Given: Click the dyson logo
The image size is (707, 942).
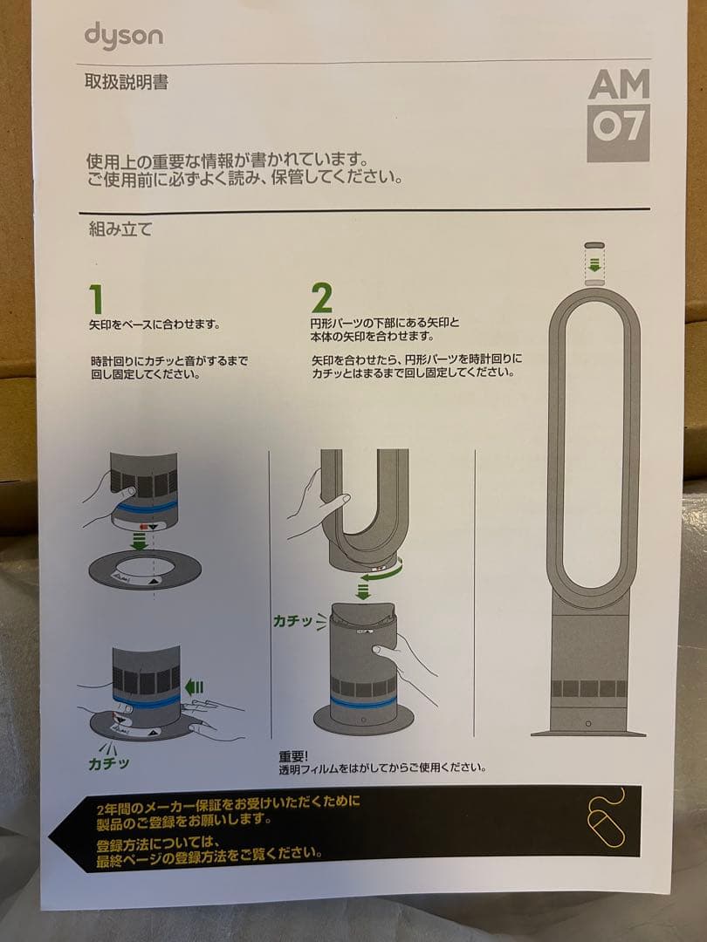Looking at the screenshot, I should click(123, 37).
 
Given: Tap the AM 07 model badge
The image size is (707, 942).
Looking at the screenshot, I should click(619, 113).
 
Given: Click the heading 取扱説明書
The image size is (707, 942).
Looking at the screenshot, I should click(127, 84).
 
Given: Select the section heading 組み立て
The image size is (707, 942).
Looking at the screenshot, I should click(120, 230).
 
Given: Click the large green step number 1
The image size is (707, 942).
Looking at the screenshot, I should click(97, 299).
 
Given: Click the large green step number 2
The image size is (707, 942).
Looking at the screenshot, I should click(321, 299).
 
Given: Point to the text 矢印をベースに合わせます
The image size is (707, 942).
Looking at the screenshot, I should click(154, 324).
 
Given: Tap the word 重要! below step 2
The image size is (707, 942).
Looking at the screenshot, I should click(294, 756).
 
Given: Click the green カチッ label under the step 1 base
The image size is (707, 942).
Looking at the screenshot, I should click(109, 762).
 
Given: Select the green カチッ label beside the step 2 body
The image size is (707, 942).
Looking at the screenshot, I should click(299, 621).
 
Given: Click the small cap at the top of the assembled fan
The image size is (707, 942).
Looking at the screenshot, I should click(594, 247).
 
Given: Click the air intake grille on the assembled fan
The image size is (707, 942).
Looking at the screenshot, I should click(588, 687).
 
